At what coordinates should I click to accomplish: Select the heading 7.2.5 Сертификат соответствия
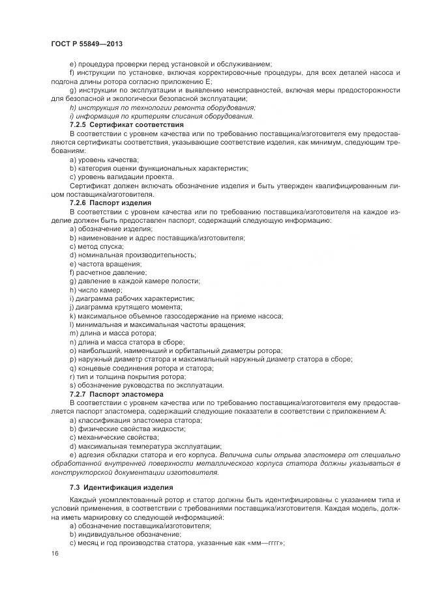pyautogui.click(x=117, y=124)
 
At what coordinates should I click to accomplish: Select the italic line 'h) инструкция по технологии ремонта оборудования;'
pyautogui.click(x=162, y=107)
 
